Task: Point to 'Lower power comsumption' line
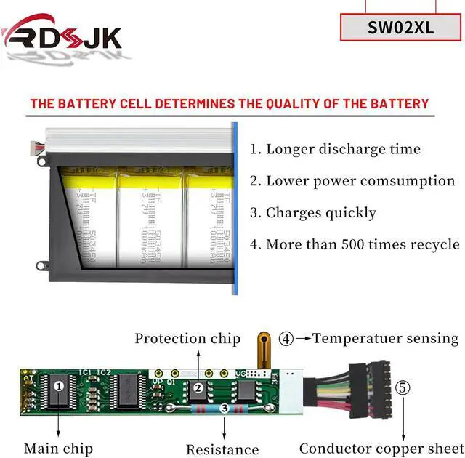(360, 181)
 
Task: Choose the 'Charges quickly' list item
(320, 213)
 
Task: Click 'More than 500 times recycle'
(363, 244)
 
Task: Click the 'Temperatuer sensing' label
(385, 338)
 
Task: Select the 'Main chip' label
(58, 449)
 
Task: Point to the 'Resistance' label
(222, 449)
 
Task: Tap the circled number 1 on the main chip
(58, 386)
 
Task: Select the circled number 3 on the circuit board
(225, 409)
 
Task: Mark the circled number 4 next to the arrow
(288, 338)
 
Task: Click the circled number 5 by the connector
(402, 387)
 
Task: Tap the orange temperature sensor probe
(265, 347)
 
